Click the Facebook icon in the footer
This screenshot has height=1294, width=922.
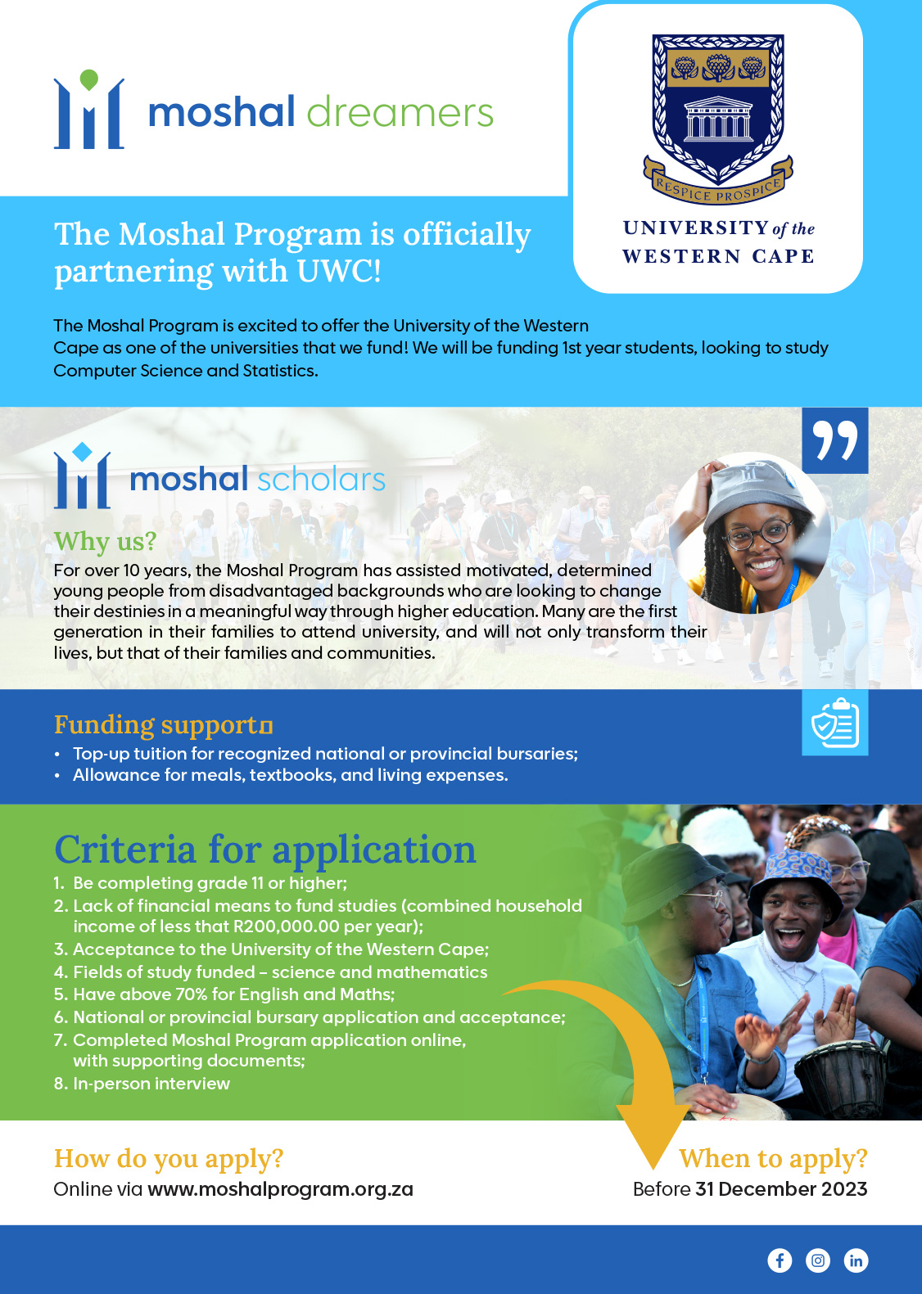[x=780, y=1260]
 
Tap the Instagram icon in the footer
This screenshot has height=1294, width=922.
[x=818, y=1260]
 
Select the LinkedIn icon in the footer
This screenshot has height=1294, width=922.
[x=856, y=1260]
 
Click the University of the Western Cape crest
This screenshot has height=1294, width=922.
[x=718, y=110]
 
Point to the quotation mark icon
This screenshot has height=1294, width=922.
[x=834, y=440]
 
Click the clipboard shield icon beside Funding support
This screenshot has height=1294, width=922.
[x=834, y=723]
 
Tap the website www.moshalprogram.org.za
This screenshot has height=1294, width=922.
[x=280, y=1189]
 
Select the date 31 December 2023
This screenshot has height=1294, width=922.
[x=781, y=1189]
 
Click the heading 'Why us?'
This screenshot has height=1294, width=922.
[x=105, y=541]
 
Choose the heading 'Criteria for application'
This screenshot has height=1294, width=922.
[x=264, y=850]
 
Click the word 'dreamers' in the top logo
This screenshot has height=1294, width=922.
[x=400, y=112]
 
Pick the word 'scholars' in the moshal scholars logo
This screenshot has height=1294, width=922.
[x=322, y=480]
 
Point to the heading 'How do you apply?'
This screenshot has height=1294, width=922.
[x=169, y=1159]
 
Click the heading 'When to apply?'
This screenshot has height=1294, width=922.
[x=773, y=1159]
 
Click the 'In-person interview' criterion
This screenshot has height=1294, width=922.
[x=151, y=1084]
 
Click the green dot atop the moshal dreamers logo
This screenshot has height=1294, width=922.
[x=89, y=79]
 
